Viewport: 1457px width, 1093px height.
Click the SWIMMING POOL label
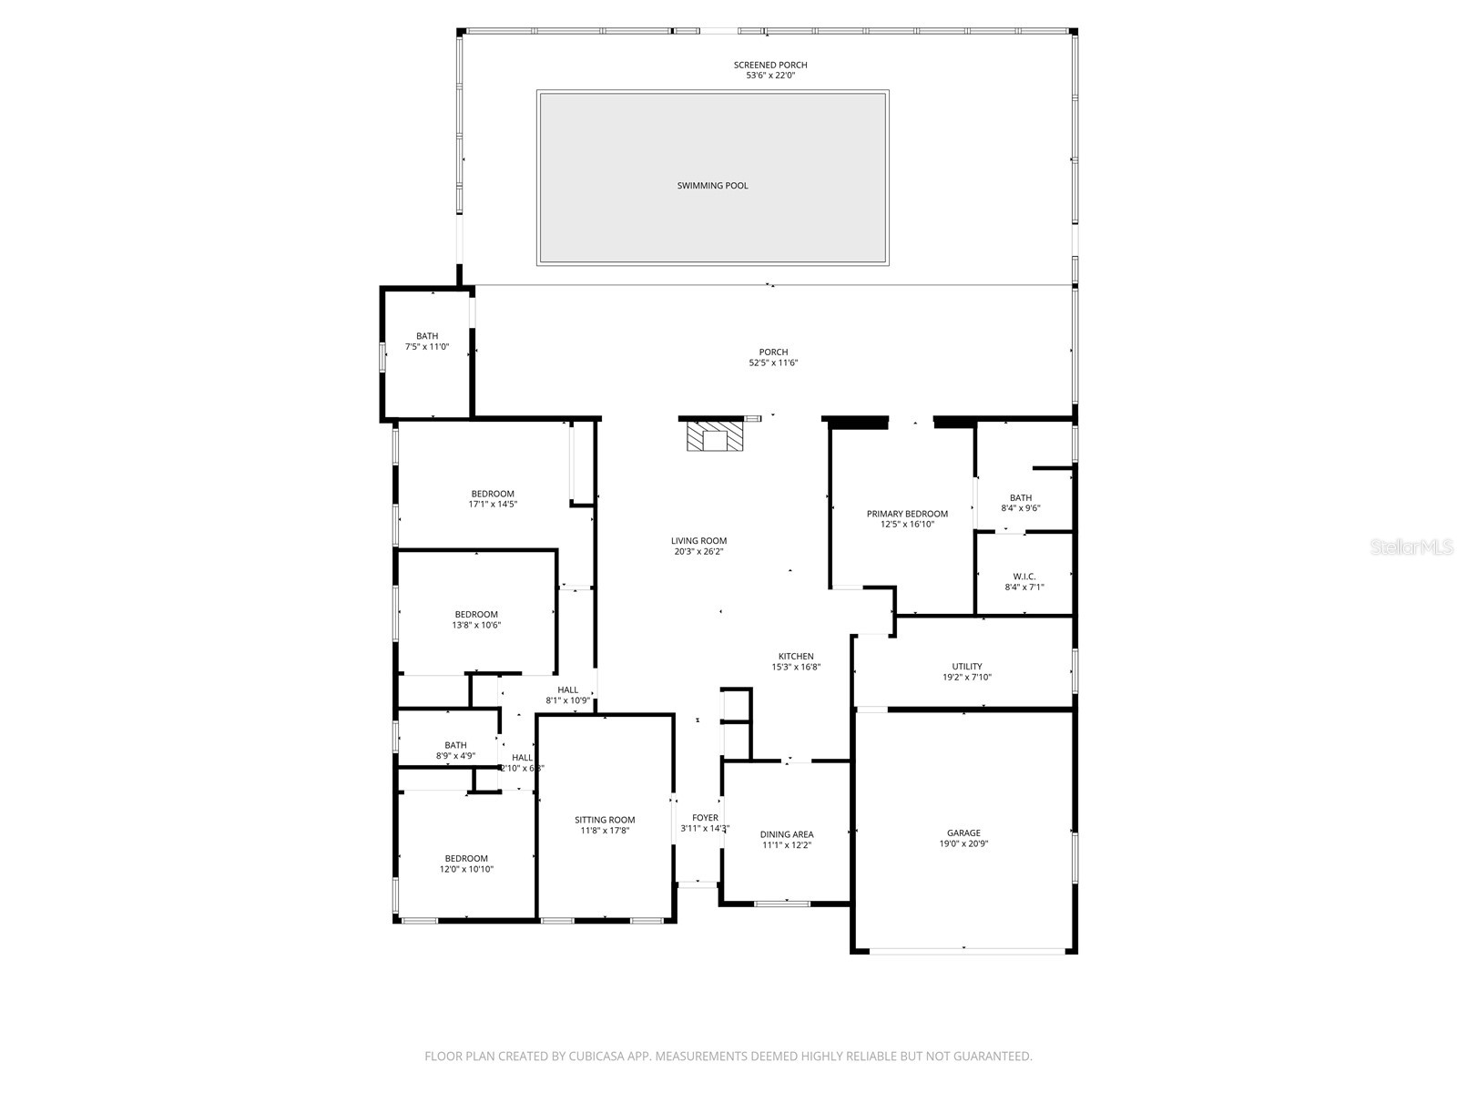tap(712, 186)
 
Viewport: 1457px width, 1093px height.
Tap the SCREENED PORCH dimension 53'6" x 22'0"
tap(770, 76)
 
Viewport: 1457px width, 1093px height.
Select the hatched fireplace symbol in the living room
tap(715, 437)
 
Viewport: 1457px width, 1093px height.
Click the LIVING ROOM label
tap(699, 541)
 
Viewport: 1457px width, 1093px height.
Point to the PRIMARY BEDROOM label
tap(907, 514)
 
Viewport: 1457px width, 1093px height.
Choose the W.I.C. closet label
tap(1024, 577)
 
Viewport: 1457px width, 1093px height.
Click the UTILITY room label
tap(967, 667)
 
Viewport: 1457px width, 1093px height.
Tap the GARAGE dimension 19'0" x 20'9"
tap(963, 843)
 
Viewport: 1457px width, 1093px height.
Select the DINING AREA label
tap(787, 834)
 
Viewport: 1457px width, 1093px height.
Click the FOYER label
tap(705, 818)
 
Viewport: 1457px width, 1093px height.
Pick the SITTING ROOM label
tap(605, 820)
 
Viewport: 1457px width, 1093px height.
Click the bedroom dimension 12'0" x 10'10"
tap(466, 869)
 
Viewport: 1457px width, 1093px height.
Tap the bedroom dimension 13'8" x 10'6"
tap(476, 625)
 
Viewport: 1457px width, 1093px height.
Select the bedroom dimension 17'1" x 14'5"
tap(493, 504)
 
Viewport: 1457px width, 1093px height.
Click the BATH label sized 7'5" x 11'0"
tap(427, 336)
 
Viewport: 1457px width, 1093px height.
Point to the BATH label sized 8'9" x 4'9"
tap(455, 745)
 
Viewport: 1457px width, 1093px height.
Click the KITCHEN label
tap(796, 657)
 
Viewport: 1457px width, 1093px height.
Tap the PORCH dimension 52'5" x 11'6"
tap(773, 363)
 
